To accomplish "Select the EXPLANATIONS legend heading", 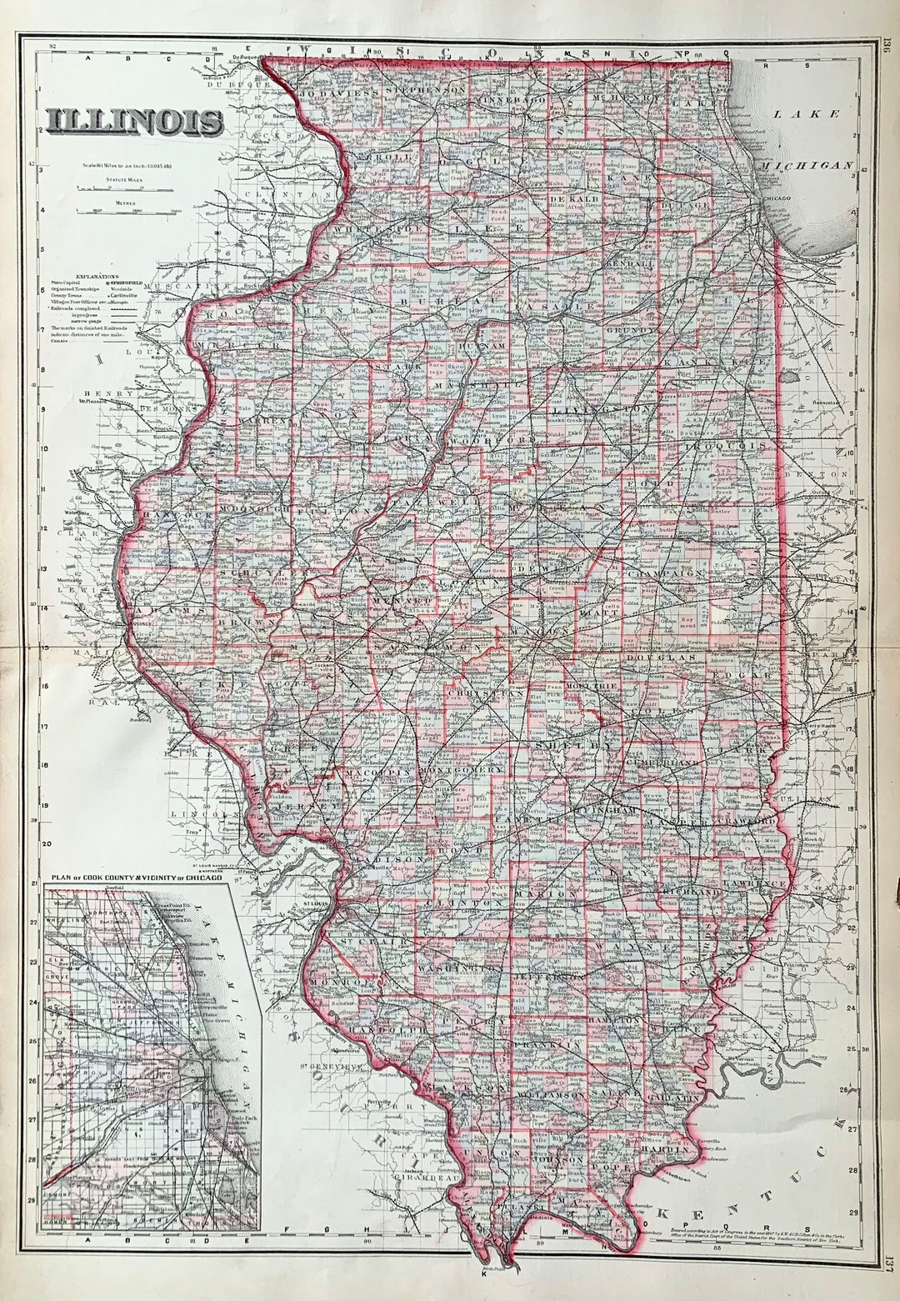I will [x=97, y=275].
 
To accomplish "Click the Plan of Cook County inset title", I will [x=140, y=878].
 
